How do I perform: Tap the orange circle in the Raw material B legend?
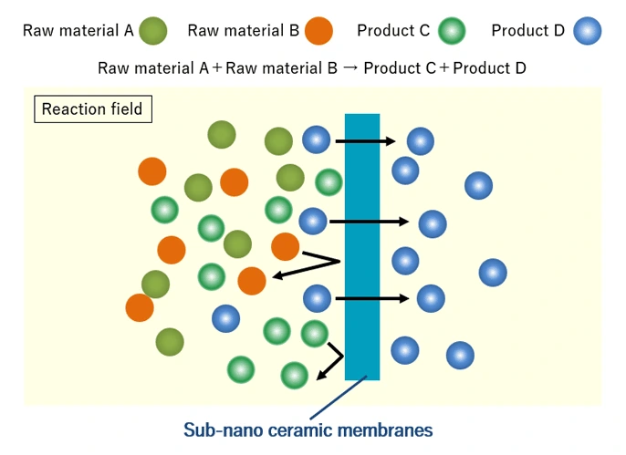[318, 31]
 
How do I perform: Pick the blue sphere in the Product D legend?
[588, 31]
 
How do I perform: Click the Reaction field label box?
[92, 109]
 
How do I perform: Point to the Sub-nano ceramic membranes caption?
[308, 429]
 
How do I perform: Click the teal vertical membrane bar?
[362, 246]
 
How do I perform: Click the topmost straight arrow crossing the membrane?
[364, 141]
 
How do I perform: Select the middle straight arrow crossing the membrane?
[369, 222]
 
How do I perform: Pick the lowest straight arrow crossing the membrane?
[369, 298]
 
